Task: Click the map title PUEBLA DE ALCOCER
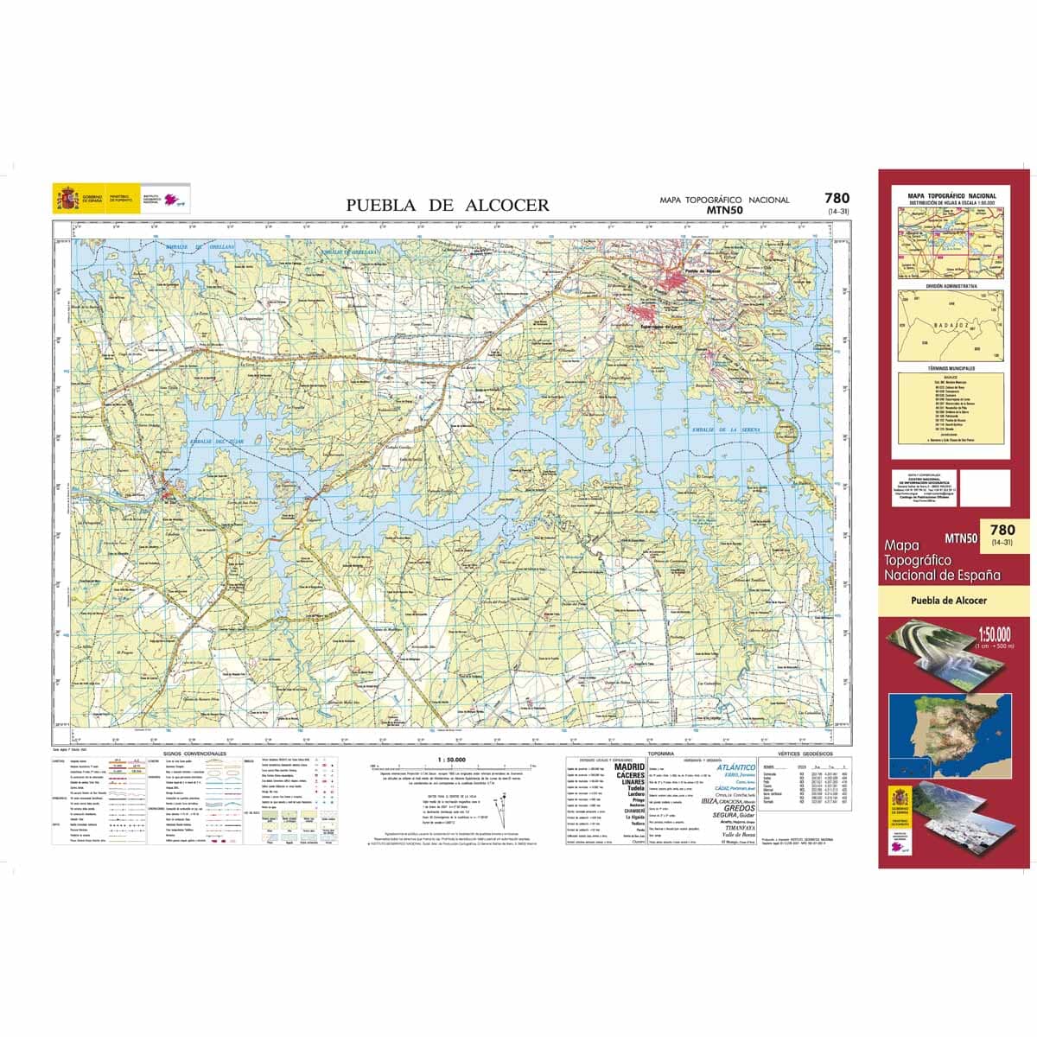(448, 205)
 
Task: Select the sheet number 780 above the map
(837, 198)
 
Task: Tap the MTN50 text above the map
(724, 209)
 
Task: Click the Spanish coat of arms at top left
(65, 198)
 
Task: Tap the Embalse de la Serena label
(724, 429)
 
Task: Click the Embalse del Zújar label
(212, 441)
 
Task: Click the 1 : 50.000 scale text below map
(453, 760)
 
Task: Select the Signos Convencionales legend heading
(188, 754)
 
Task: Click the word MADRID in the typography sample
(628, 767)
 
